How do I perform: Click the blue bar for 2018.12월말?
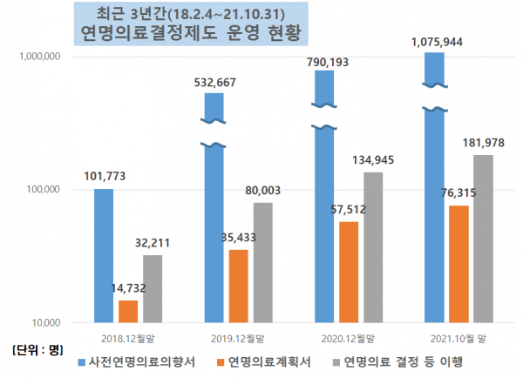[104, 255]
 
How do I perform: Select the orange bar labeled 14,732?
[128, 311]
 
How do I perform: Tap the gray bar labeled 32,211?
[153, 288]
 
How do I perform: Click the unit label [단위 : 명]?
[34, 350]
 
